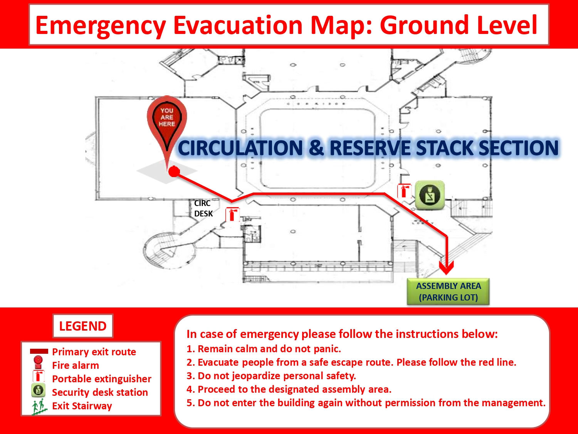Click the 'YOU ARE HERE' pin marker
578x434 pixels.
[x=167, y=124]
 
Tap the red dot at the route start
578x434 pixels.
[x=174, y=172]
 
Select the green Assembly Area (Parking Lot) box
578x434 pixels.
[x=448, y=291]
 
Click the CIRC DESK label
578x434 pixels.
[x=203, y=208]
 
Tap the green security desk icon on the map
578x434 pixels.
[x=430, y=195]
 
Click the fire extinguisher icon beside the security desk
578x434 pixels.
[x=405, y=191]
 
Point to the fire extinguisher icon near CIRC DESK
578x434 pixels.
[x=232, y=214]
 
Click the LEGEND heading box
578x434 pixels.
[x=83, y=326]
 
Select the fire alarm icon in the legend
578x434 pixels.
[x=38, y=363]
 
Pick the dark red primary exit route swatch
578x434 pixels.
[x=39, y=351]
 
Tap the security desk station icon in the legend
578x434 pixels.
[x=39, y=390]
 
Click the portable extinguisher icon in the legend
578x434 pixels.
[x=39, y=376]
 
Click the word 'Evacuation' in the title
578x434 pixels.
[x=238, y=25]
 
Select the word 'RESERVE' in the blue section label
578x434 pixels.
[x=370, y=148]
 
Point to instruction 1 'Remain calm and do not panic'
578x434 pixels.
[x=264, y=349]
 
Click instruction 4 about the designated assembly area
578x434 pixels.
[x=289, y=389]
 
